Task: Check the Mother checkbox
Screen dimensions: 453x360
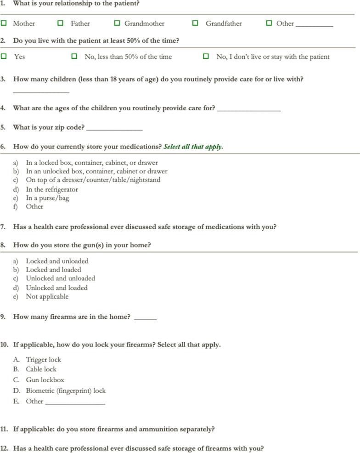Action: pos(4,23)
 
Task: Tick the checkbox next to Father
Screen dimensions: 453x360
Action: pos(61,23)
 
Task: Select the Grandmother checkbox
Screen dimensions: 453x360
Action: pos(117,23)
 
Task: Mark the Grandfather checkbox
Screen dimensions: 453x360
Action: pos(196,23)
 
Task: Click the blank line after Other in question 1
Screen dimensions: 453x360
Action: pos(314,25)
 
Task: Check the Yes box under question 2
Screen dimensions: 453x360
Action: pos(4,57)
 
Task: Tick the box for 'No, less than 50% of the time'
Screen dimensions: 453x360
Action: pos(74,57)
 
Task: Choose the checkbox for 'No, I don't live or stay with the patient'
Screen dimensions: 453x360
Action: pos(206,57)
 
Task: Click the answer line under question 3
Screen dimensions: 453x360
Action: pos(41,91)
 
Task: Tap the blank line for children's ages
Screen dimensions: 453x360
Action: pos(248,110)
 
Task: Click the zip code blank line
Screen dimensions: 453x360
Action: pos(114,129)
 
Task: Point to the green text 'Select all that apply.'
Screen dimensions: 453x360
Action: pos(193,147)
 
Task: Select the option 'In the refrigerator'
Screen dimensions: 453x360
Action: pos(52,189)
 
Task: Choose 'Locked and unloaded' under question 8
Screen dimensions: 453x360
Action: pos(57,261)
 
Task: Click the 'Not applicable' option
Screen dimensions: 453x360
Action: pos(47,296)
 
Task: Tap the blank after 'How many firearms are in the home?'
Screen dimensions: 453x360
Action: pos(145,318)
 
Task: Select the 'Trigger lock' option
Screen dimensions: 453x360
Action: pos(43,360)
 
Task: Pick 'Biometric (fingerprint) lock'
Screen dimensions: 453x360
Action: pos(66,391)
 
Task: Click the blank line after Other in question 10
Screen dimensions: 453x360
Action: pos(75,403)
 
